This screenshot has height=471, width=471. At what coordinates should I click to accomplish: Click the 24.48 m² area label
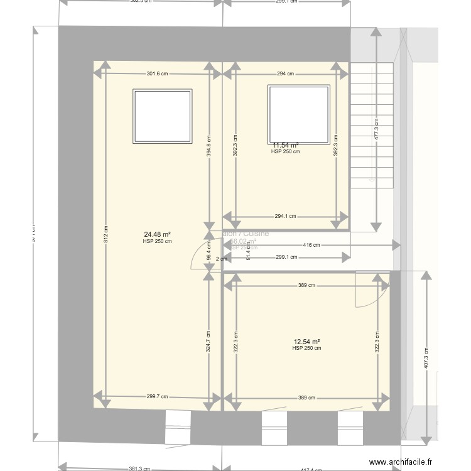tap(157, 235)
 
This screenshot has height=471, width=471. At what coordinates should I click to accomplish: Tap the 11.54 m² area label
tap(285, 145)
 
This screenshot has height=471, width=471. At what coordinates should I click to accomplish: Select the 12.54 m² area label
tap(306, 342)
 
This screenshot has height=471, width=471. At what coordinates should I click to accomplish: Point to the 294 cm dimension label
tap(285, 73)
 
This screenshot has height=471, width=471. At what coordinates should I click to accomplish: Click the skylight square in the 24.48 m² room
tap(162, 116)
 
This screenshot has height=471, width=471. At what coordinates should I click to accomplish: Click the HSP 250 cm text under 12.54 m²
tap(306, 349)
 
